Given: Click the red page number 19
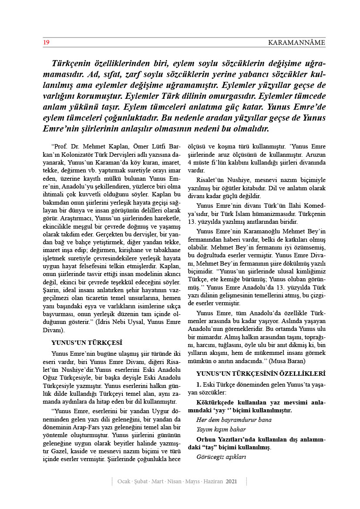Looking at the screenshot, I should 46,42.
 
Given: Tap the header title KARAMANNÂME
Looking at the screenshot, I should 296,42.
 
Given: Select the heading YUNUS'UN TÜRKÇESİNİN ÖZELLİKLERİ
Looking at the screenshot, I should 260,374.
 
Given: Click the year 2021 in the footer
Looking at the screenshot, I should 232,482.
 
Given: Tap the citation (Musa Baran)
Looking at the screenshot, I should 288,361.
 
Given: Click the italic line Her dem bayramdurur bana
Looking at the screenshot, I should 234,420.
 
